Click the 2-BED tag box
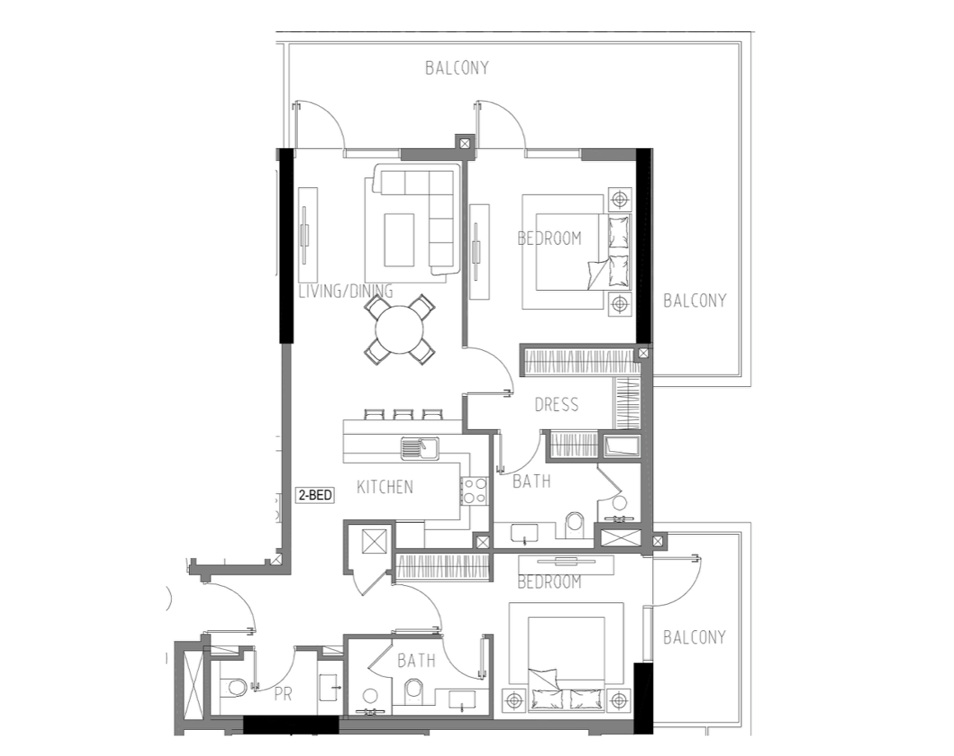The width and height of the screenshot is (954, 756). (x=315, y=496)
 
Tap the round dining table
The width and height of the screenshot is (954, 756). (x=400, y=330)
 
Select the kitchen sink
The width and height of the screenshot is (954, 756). (x=419, y=449)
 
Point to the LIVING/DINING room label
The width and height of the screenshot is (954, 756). (x=345, y=291)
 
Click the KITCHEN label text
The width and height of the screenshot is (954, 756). (x=385, y=486)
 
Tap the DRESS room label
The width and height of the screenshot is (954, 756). (x=556, y=405)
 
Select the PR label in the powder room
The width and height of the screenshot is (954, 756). (x=283, y=694)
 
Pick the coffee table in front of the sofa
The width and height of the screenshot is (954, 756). (x=399, y=239)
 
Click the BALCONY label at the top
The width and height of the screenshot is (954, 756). (x=457, y=68)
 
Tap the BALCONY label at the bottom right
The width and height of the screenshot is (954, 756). (x=694, y=638)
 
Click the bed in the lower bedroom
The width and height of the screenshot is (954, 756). (x=566, y=657)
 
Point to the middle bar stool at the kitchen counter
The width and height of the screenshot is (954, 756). (x=403, y=415)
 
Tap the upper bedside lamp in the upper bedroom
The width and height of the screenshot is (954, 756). (x=620, y=199)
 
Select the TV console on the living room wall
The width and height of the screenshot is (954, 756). (x=308, y=225)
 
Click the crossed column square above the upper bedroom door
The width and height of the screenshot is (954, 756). (x=465, y=144)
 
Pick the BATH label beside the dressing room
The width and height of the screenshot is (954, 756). (x=531, y=482)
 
